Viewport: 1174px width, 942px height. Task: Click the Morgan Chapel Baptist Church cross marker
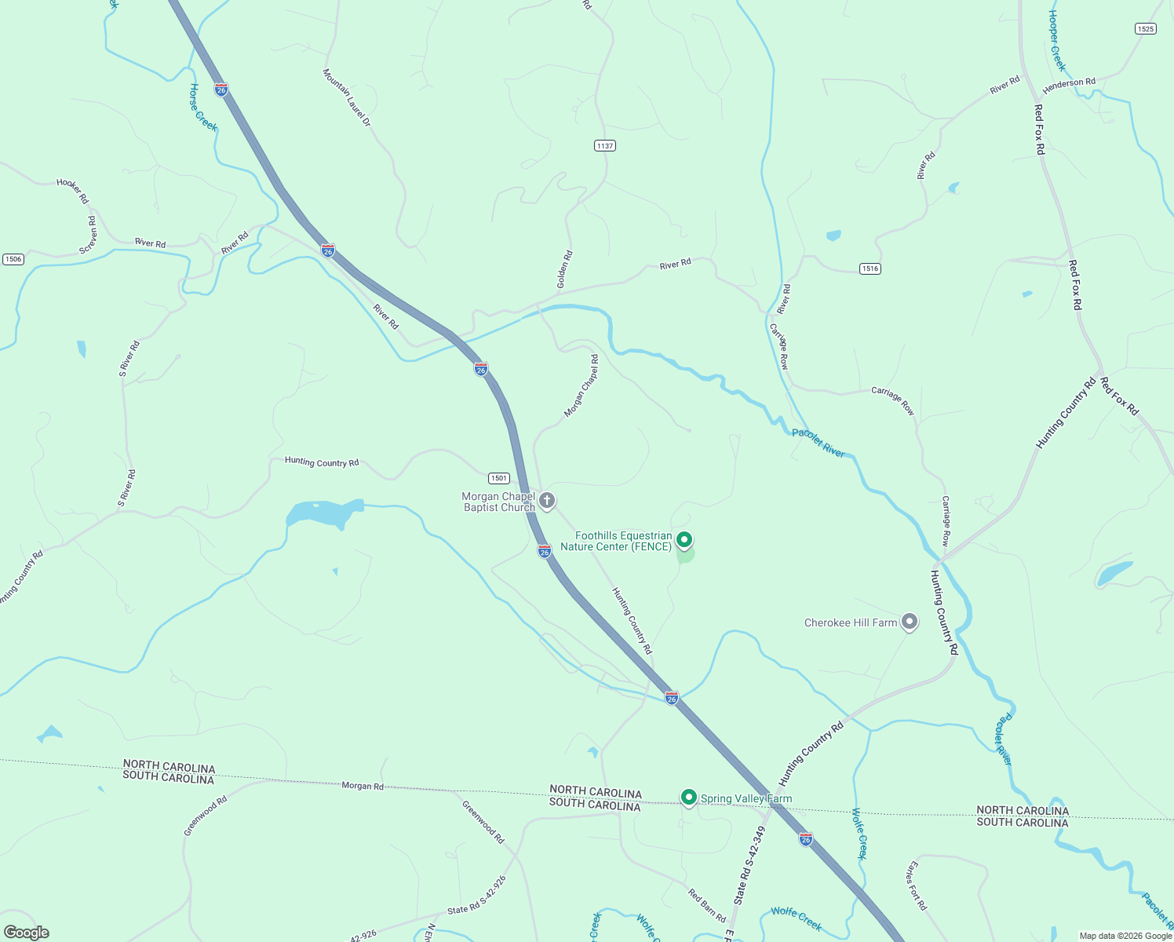[x=547, y=500]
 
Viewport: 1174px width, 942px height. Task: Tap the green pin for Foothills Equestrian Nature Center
[x=684, y=540]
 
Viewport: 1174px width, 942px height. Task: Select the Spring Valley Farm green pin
[x=689, y=798]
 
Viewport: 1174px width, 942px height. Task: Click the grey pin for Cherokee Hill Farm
[x=910, y=622]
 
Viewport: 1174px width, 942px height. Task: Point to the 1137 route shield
[x=604, y=146]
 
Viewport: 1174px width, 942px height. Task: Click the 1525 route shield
[x=1145, y=29]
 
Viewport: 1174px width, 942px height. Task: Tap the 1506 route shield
[x=13, y=259]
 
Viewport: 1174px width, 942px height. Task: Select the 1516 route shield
[x=870, y=268]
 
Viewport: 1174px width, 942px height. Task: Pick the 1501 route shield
[x=499, y=478]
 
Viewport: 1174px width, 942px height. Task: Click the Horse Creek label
[x=202, y=108]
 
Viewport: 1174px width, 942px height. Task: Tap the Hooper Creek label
[x=1058, y=41]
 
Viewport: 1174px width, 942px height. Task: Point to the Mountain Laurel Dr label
[x=346, y=97]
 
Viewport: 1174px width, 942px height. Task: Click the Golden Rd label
[x=564, y=269]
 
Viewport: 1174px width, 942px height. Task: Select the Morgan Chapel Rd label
[x=582, y=385]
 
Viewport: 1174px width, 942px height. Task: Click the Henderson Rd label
[x=1069, y=83]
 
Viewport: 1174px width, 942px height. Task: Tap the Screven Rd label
[x=89, y=235]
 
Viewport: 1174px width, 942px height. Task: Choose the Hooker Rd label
[x=72, y=191]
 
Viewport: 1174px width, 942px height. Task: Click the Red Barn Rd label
[x=707, y=905]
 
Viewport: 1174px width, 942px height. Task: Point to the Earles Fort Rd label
[x=917, y=885]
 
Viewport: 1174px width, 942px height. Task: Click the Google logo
[x=26, y=933]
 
